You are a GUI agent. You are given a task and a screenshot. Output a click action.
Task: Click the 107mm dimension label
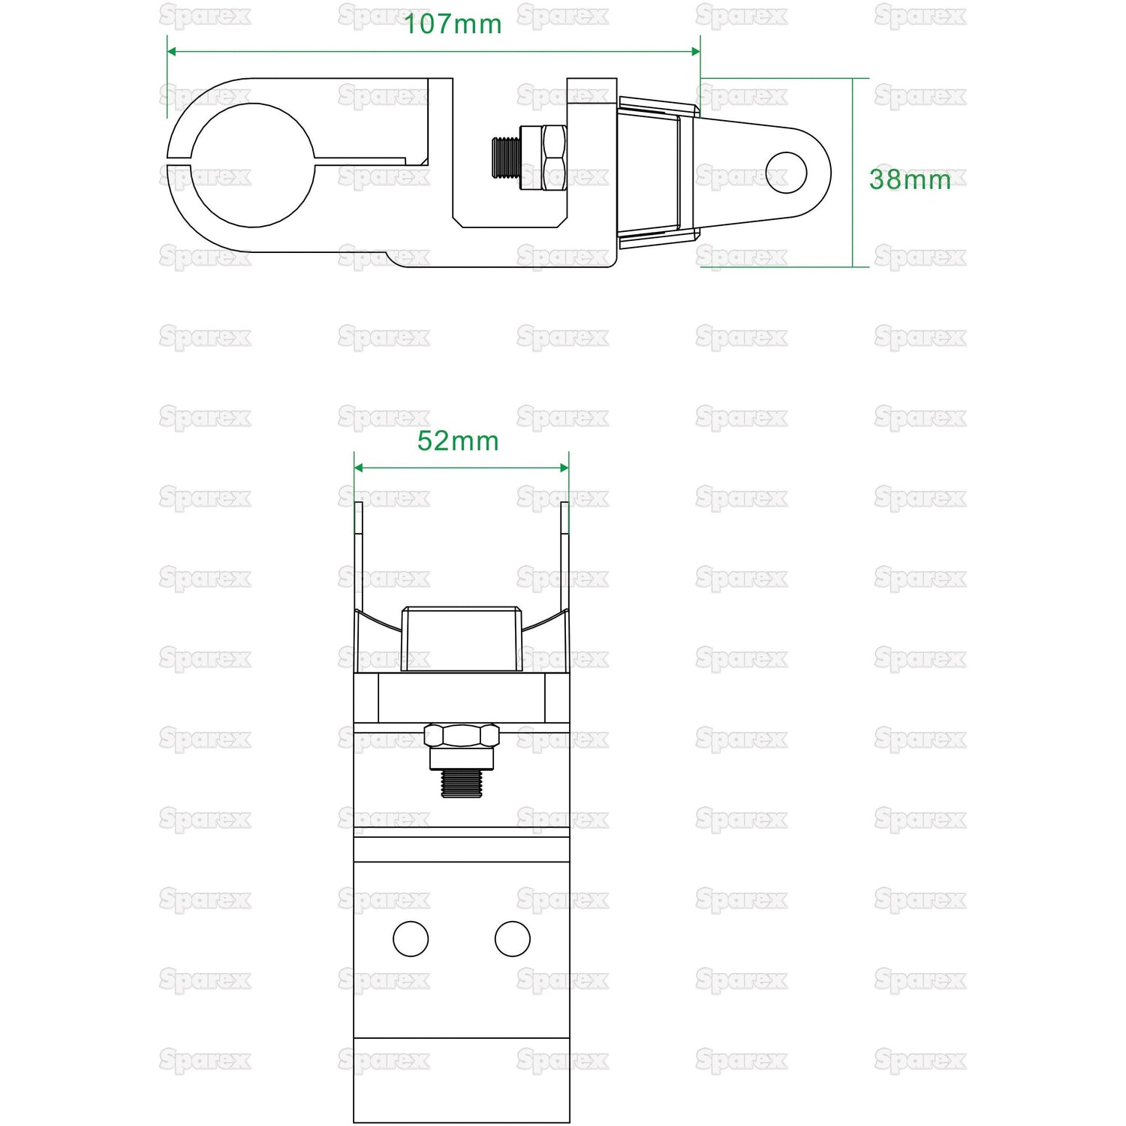pos(453,24)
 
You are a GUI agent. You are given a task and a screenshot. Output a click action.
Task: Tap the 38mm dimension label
pos(910,179)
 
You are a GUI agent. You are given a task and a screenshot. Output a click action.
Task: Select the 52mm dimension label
pos(458,441)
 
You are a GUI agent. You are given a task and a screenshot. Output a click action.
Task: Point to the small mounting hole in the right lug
pos(786,173)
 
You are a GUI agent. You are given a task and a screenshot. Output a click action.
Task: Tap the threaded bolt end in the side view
pos(507,158)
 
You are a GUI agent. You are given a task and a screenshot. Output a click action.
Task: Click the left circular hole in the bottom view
pos(411,938)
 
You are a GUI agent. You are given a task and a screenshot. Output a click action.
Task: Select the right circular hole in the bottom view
pos(513,938)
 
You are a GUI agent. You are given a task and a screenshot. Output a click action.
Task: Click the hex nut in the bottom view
pos(462,735)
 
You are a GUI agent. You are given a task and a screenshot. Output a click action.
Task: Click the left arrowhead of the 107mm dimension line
pos(172,51)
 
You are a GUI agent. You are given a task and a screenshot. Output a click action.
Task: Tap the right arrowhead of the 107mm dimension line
pos(696,51)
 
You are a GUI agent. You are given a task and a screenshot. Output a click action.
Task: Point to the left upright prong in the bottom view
pos(359,555)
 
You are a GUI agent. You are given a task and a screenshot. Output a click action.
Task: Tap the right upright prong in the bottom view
pos(565,555)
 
